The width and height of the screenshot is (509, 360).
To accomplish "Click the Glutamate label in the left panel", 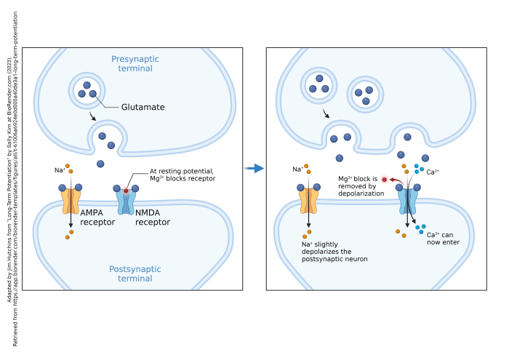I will click(143, 107).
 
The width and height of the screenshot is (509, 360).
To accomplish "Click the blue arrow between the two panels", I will click(254, 168).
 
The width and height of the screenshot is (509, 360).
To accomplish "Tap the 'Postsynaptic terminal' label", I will click(135, 273).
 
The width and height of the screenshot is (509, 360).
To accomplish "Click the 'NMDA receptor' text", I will click(152, 217).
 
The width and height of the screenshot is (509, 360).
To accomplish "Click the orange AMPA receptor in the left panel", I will click(71, 199).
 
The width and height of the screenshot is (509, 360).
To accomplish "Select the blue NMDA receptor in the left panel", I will click(126, 200).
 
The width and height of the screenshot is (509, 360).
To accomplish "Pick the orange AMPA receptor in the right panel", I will click(308, 200).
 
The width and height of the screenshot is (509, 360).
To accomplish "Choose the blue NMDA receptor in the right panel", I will click(407, 200).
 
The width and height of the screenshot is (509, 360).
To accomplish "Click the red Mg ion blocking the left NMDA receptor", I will click(126, 191).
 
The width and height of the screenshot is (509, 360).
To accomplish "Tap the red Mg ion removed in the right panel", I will click(384, 179).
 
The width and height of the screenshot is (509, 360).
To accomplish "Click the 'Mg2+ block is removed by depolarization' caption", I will click(361, 185).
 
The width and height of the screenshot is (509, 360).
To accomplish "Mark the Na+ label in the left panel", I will click(58, 170).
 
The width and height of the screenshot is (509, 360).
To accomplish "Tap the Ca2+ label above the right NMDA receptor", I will click(434, 172).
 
